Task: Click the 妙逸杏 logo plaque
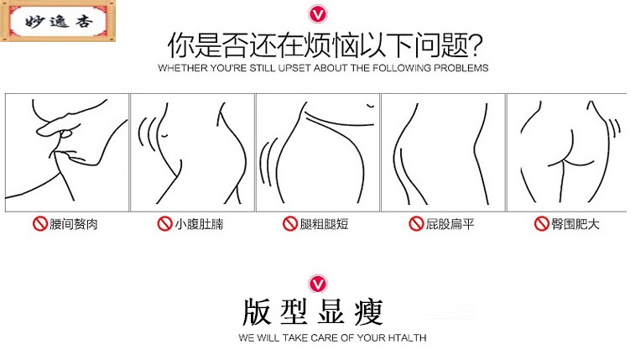point(58,21)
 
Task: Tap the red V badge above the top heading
point(318,14)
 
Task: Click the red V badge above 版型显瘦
point(318,284)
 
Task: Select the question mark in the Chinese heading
point(476,45)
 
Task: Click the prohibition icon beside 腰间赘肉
point(40,224)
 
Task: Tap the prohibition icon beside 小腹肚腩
point(165,224)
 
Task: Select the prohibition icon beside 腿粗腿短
point(290,224)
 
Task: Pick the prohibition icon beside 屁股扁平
point(416,224)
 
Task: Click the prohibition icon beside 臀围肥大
point(542,224)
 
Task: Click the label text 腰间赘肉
point(74,224)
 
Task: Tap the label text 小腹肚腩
point(199,224)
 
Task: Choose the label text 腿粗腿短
point(324,224)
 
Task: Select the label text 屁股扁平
point(450,224)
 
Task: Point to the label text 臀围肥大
point(575,224)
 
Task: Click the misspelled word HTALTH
point(407,337)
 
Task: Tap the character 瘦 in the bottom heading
point(369,312)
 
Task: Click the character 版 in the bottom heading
point(257,312)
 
